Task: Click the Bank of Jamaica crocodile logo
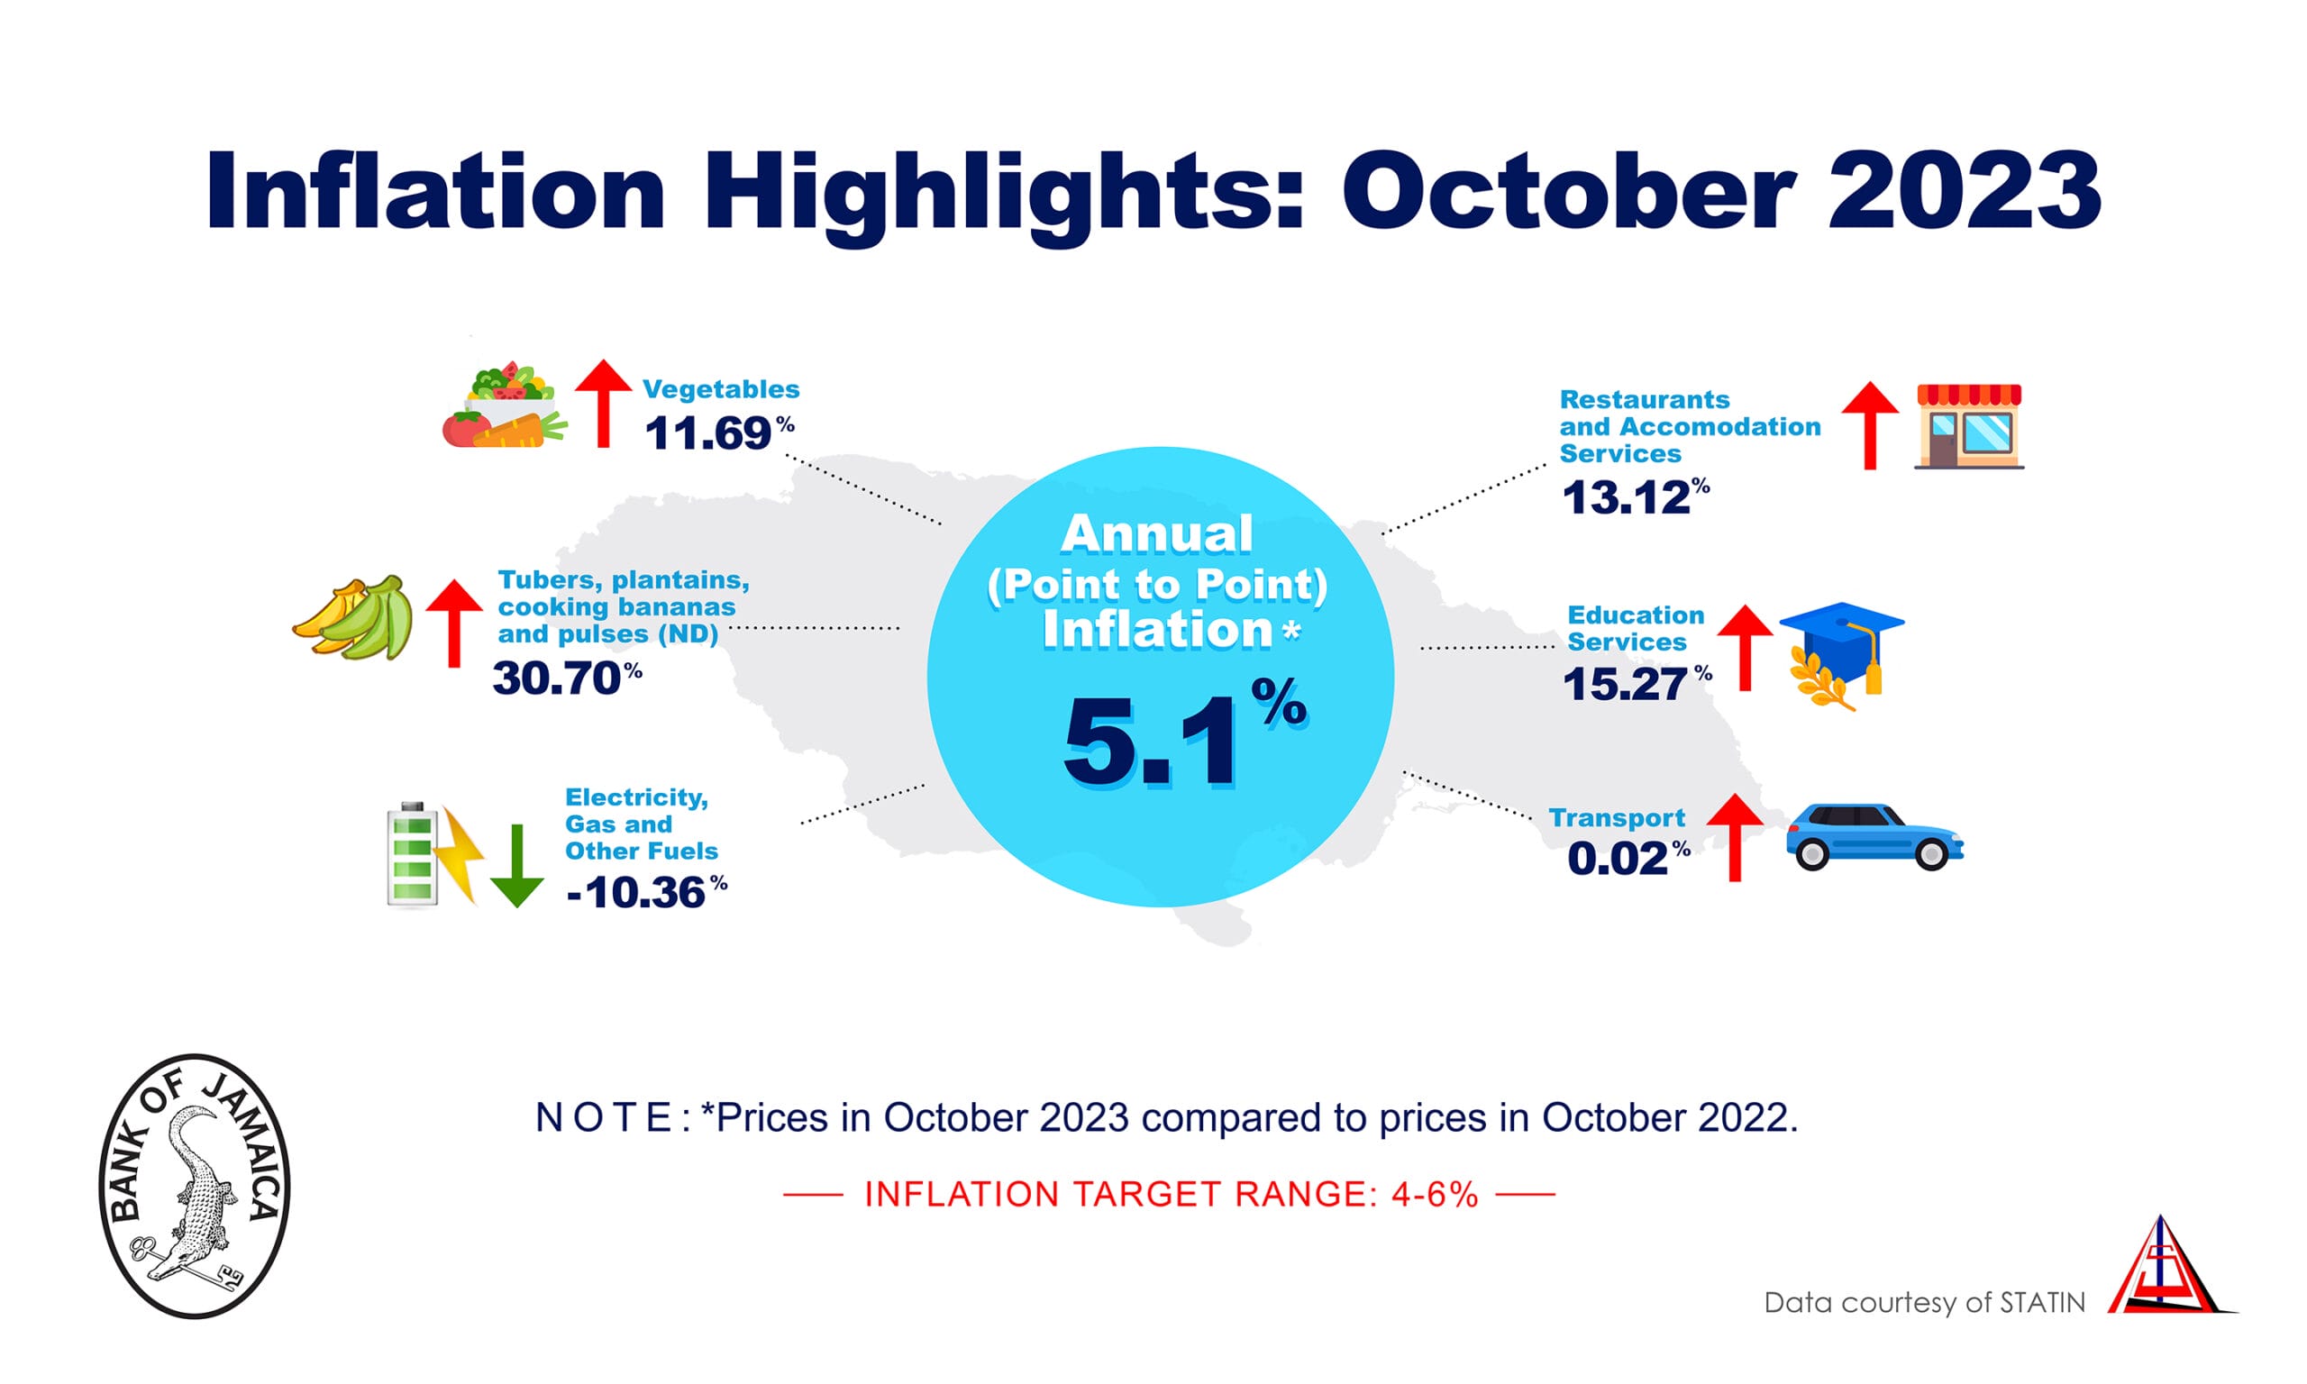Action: [x=194, y=1187]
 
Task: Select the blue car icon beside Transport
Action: [x=1873, y=836]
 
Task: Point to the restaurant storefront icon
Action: [x=1967, y=426]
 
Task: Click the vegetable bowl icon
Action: [x=505, y=406]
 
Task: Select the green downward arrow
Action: [x=516, y=867]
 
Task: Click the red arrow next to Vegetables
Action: [x=602, y=403]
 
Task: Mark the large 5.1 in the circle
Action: [x=1152, y=743]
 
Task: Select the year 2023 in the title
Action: [x=1963, y=191]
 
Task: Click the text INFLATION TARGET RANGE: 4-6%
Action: [x=1171, y=1195]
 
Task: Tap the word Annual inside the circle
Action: [x=1156, y=534]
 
